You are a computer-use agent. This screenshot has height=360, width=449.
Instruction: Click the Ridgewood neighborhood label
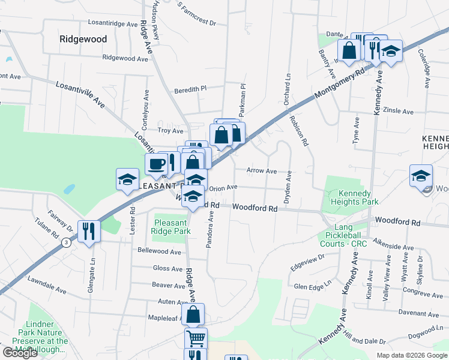coord(83,39)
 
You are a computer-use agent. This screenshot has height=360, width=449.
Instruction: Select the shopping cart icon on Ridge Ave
coord(196,338)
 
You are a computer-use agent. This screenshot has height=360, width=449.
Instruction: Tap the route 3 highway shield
coord(65,243)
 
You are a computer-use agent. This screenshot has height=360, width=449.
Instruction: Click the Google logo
coord(20,353)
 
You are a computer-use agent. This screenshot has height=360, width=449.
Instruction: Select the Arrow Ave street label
coord(261,171)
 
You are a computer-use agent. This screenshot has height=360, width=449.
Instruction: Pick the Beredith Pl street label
coord(190,89)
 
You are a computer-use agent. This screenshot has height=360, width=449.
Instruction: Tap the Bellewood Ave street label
coord(159,251)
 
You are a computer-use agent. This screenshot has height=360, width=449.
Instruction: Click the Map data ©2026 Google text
coord(411,355)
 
